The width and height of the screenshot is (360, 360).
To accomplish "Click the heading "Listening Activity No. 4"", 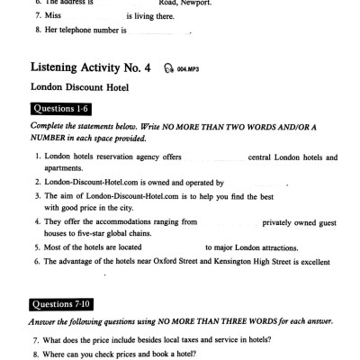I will (88, 67).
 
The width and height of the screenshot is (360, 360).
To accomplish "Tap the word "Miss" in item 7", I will (54, 15).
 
